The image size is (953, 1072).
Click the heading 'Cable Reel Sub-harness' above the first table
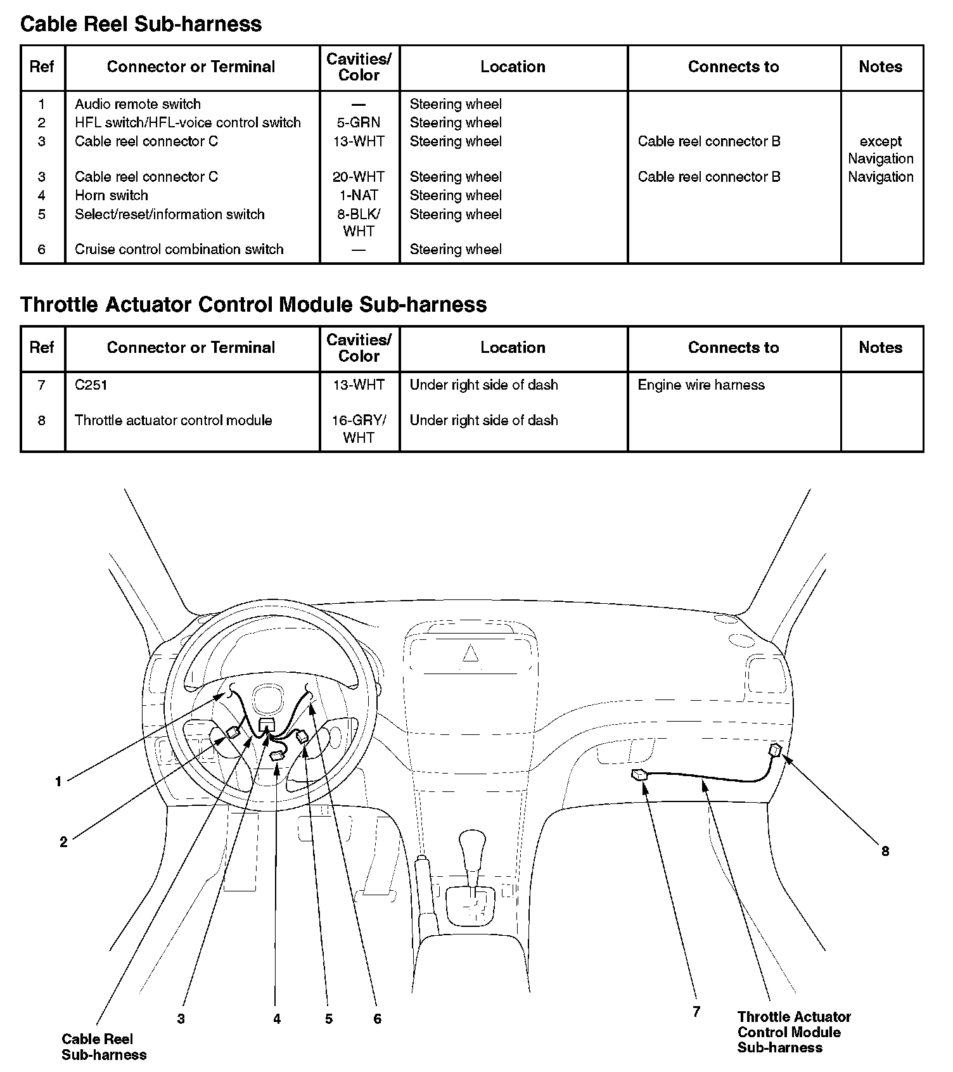[x=141, y=24]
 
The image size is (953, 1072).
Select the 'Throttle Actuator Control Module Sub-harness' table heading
[x=253, y=305]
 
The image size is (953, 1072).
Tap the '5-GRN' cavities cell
[x=359, y=123]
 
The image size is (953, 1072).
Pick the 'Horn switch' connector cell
[x=112, y=195]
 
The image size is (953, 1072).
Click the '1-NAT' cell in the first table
[x=359, y=195]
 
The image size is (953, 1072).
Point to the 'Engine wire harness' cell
[x=701, y=385]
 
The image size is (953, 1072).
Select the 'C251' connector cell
[x=91, y=385]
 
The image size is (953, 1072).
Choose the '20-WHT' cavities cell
[x=359, y=177]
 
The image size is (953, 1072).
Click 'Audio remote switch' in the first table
[x=138, y=104]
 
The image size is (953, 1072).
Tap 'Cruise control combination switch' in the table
[x=179, y=250]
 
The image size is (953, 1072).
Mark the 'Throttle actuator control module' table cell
[x=173, y=421]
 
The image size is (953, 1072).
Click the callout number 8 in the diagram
[x=885, y=852]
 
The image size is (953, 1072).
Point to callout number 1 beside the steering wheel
[x=58, y=782]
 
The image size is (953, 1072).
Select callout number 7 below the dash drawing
[x=696, y=1012]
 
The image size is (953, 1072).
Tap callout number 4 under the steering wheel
[x=277, y=1019]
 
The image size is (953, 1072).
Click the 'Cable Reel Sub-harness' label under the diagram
[x=103, y=1047]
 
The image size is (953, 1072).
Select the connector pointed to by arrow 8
[x=775, y=751]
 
